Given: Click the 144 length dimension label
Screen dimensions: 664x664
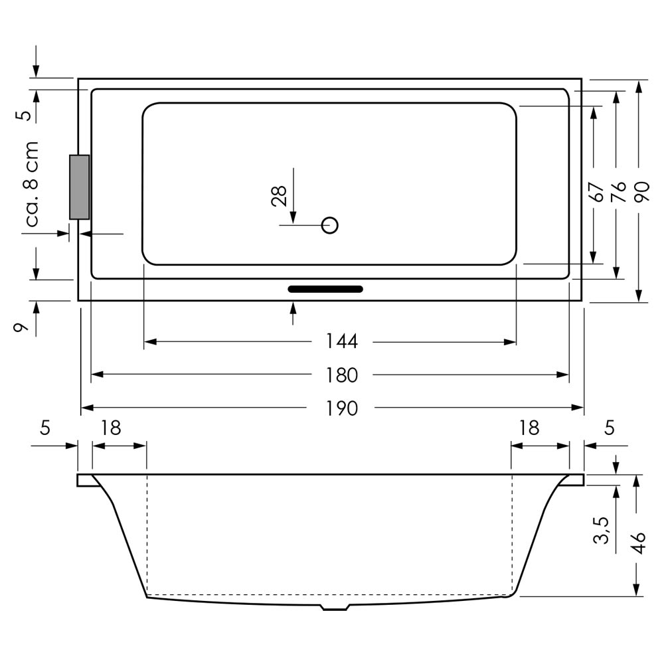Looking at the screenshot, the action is coord(342,341).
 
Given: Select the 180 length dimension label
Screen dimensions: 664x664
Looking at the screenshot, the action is coord(342,375).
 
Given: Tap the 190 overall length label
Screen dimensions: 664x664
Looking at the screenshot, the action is coord(342,408).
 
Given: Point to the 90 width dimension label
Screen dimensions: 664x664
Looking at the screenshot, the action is coord(642,191).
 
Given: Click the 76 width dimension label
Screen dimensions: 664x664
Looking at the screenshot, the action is coord(619,191).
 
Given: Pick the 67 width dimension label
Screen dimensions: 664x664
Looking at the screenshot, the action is coord(596,192).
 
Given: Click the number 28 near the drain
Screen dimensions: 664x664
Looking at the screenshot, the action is coord(279,196).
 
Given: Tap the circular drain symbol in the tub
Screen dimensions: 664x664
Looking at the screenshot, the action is coord(329,225).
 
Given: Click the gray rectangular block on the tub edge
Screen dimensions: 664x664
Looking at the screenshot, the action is coord(80,187).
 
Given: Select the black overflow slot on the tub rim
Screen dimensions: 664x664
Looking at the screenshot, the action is coord(325,290).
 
